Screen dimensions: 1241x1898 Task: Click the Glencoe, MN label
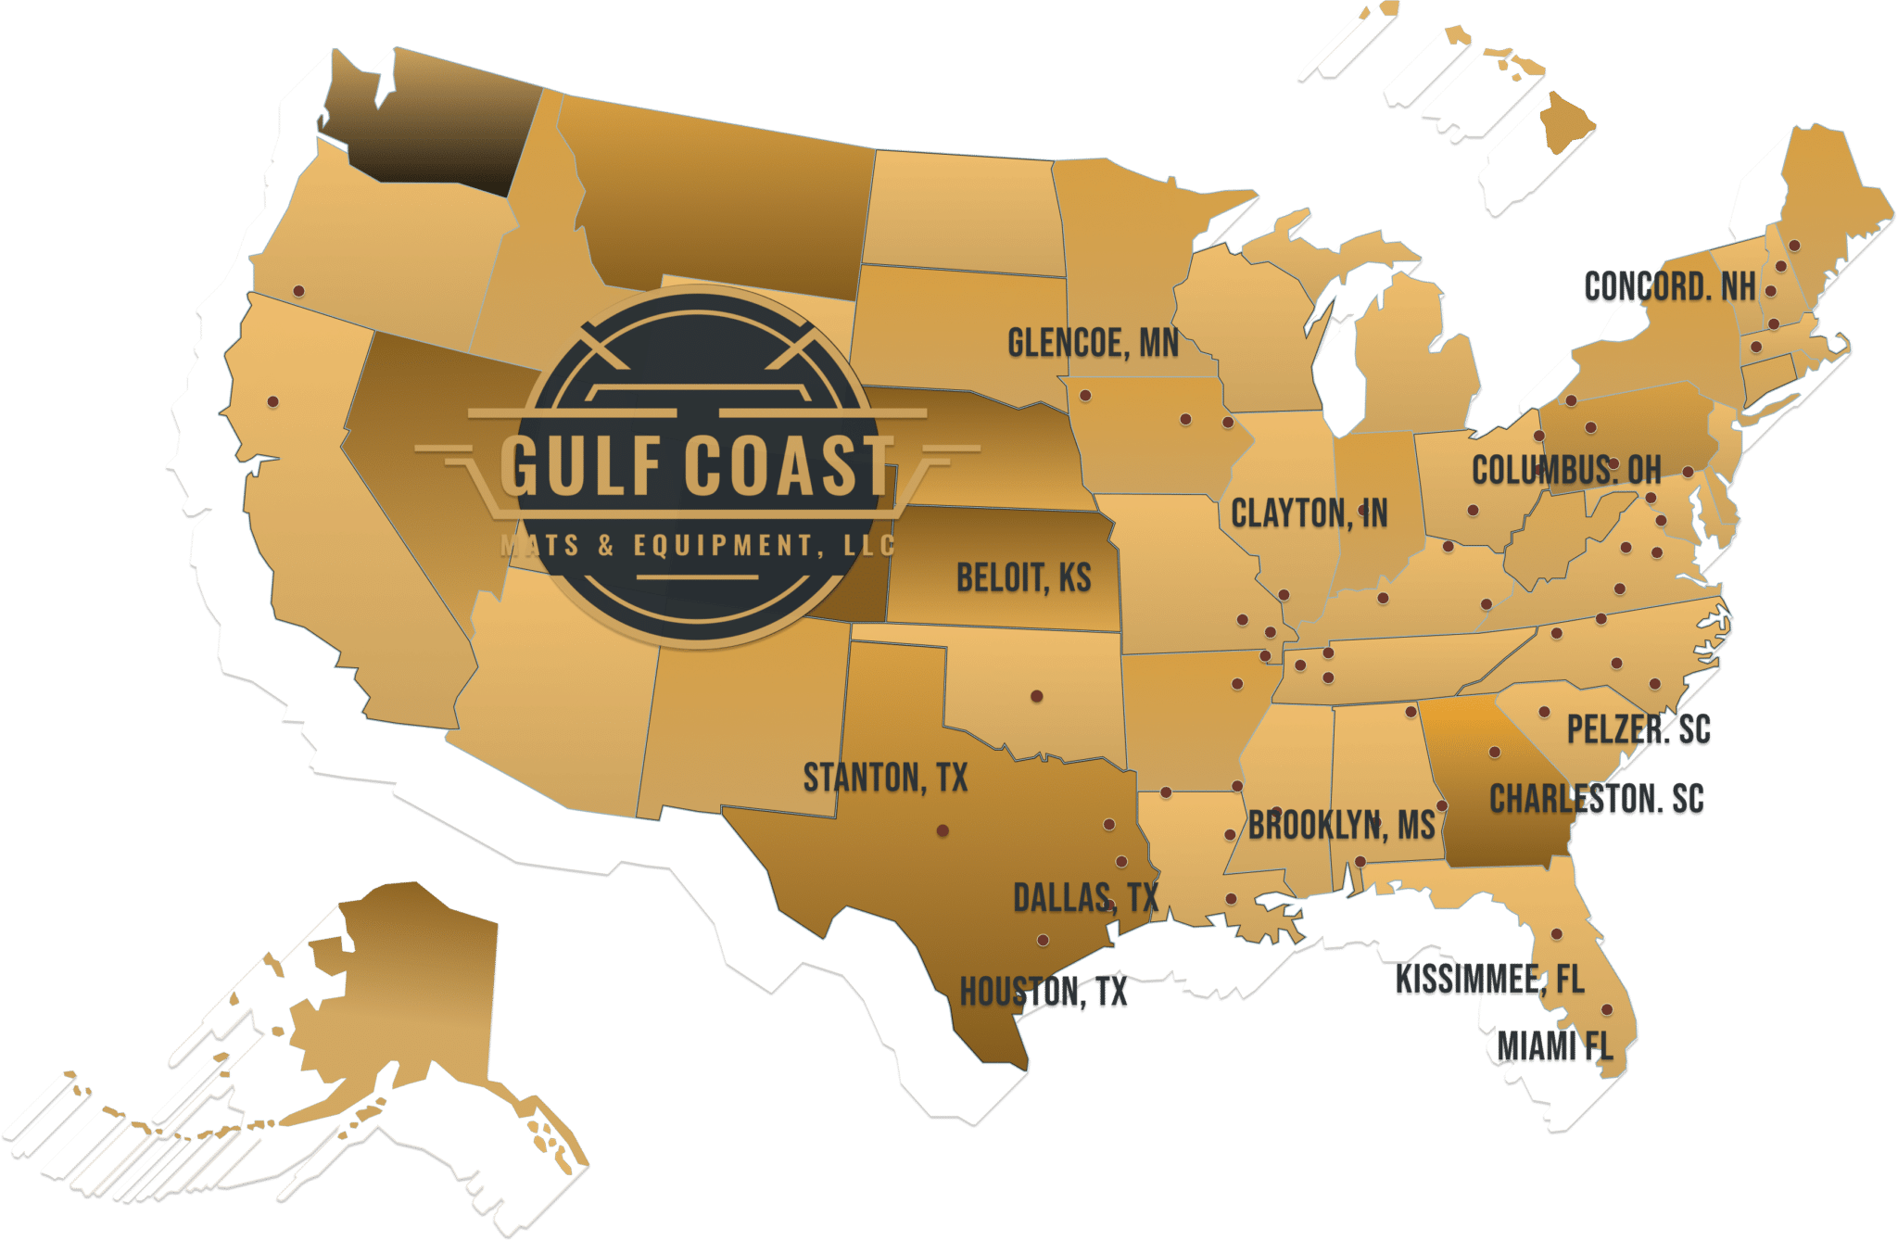[x=1093, y=344]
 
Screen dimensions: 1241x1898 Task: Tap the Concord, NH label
[x=1669, y=287]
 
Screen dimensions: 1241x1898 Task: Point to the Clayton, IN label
[x=1309, y=513]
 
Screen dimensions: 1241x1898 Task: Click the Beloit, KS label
[x=1023, y=577]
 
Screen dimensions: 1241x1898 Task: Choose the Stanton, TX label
[x=885, y=778]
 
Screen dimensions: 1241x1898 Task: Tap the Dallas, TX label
[x=1085, y=897]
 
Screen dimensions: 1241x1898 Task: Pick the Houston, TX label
[x=1043, y=993]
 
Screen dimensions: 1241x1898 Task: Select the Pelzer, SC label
[x=1639, y=730]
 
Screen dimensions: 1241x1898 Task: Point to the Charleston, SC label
[x=1596, y=799]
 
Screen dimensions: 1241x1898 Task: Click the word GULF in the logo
[x=582, y=465]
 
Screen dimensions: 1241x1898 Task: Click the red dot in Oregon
[x=298, y=291]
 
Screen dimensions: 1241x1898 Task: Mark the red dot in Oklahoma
[x=1036, y=695]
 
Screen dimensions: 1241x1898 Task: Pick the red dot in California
[x=272, y=401]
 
